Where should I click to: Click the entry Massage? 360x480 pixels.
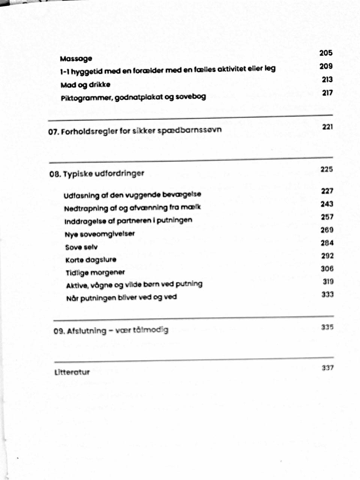coord(76,59)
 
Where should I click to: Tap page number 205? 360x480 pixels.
coord(326,53)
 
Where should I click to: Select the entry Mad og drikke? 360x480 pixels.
coord(85,85)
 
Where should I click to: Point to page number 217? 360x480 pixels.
coord(327,93)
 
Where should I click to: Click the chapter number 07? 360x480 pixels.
coord(54,132)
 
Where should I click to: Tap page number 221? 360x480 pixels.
coord(327,127)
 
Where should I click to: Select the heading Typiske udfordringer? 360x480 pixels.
coord(103,174)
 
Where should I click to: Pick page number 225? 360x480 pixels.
coord(327,169)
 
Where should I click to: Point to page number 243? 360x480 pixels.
coord(327,204)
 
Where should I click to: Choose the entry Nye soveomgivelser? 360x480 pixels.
coord(99,234)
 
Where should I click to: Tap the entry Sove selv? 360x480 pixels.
coord(81,247)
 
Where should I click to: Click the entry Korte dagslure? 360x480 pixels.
coord(91,260)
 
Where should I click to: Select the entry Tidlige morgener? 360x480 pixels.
coord(95,273)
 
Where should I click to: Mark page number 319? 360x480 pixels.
coord(328,282)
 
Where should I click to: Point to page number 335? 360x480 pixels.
coord(327,327)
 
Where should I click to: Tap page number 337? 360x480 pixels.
coord(327,368)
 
